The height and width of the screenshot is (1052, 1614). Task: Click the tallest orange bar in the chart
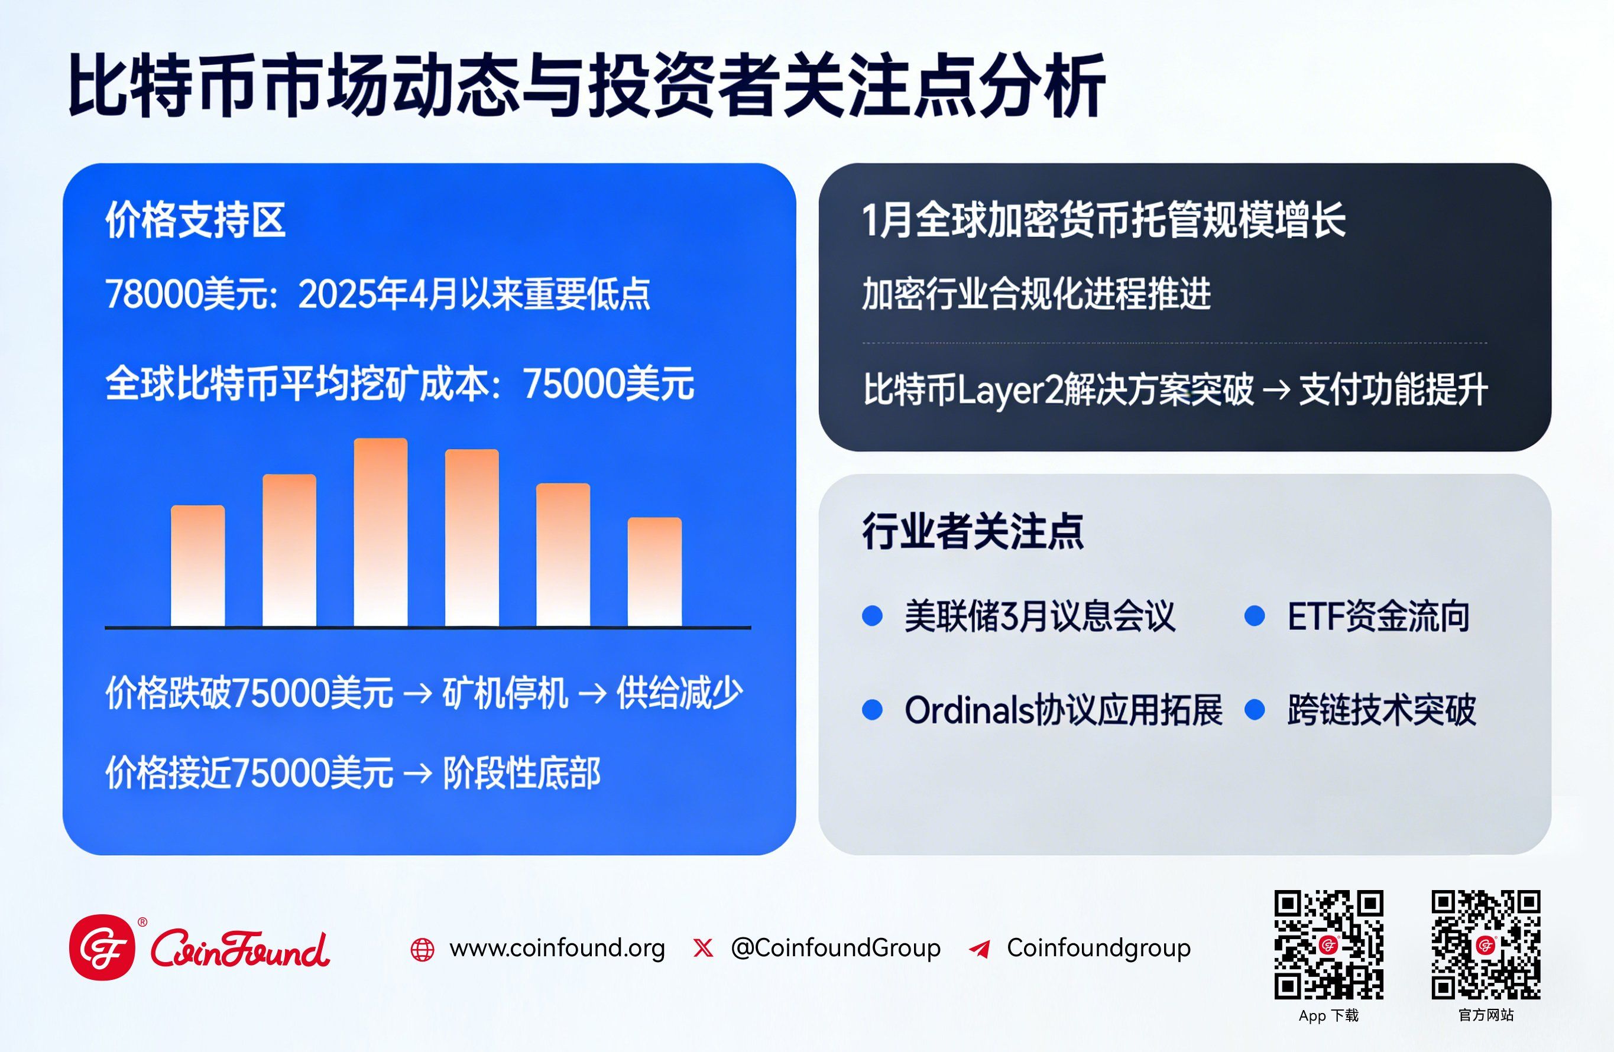pos(381,532)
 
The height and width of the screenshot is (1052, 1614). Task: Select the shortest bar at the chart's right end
pos(654,572)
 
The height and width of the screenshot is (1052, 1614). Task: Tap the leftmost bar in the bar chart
pos(197,566)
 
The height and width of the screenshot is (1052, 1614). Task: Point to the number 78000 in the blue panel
pos(154,294)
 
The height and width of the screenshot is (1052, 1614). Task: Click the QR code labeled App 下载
pos(1328,944)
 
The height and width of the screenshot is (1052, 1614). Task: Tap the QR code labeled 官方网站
pos(1486,944)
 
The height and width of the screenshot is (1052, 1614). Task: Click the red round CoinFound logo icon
pos(102,947)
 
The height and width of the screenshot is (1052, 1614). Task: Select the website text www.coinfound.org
pos(557,947)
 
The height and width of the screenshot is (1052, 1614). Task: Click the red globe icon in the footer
pos(423,950)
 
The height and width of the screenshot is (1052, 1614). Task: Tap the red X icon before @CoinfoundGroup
pos(704,947)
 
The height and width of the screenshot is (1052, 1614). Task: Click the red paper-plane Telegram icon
pos(980,949)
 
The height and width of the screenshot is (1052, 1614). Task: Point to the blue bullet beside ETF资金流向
pos(1255,615)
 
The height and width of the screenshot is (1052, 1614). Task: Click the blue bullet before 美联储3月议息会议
pos(872,615)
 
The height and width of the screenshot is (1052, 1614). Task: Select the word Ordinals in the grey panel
pos(970,710)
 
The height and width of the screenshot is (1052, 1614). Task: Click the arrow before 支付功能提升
pos(1276,389)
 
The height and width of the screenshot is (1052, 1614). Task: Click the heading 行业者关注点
pos(973,531)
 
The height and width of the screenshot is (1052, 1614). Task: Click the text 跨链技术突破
pos(1382,710)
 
